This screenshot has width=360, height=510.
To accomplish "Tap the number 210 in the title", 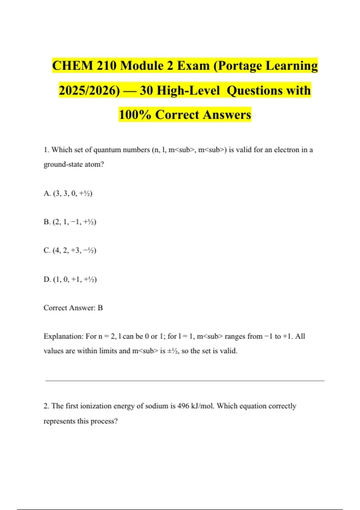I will click(x=106, y=66).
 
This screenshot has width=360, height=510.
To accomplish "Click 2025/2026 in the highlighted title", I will click(x=89, y=90).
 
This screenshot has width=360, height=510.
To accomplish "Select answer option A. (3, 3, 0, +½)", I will click(x=68, y=193).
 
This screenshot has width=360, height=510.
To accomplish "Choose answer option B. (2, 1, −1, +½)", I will click(x=70, y=222).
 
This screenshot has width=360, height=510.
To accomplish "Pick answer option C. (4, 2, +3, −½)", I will click(x=70, y=250).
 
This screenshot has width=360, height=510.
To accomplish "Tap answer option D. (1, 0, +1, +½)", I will click(x=70, y=279).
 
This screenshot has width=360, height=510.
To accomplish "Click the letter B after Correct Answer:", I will click(x=100, y=308).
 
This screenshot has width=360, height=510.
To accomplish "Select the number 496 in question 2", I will click(x=183, y=406).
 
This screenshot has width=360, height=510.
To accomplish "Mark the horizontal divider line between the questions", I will click(x=185, y=381).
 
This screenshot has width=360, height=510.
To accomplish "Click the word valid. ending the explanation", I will click(x=228, y=351).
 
